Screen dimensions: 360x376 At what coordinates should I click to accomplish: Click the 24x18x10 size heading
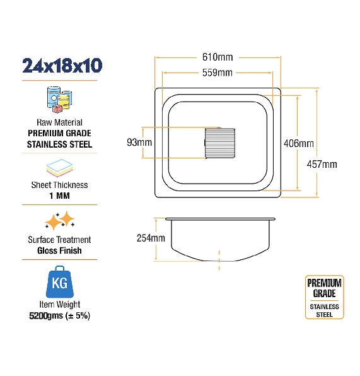pos(62,66)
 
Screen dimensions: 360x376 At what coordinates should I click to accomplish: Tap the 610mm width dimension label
pos(218,57)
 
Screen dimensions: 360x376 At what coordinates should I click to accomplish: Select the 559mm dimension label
pos(217,73)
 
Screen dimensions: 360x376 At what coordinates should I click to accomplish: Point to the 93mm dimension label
pos(139,143)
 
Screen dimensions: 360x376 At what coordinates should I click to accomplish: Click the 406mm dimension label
pos(299,143)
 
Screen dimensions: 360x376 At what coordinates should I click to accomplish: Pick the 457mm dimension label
pos(322,164)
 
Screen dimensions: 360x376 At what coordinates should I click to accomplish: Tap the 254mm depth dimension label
pos(151,238)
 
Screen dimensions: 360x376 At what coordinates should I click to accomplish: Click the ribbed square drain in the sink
pos(220,143)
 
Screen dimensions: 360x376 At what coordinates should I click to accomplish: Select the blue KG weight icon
pos(60,282)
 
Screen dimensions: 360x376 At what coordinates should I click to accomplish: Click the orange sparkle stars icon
pos(60,220)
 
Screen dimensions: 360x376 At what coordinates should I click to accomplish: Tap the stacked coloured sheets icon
pos(59,168)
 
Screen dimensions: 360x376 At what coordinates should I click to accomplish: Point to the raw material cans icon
pos(59,100)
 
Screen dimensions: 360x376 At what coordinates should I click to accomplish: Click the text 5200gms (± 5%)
pos(59,316)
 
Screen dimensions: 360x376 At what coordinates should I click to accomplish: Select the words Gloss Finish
pos(59,250)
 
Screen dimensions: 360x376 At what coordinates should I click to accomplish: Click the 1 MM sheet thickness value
pos(59,196)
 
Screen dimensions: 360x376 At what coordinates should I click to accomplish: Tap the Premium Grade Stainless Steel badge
pos(324,297)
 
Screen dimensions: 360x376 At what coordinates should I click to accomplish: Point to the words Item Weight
pos(60,305)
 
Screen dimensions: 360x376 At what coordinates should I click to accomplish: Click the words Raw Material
pos(59,122)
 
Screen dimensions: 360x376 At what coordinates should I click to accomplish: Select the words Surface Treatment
pos(59,240)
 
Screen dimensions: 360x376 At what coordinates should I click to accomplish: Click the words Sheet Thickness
pos(59,185)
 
